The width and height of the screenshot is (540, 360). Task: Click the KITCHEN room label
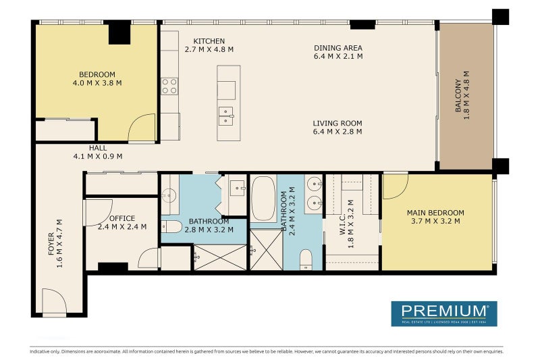[209, 41]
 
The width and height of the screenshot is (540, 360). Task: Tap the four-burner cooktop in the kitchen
[169, 86]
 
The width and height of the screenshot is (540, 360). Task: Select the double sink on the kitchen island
[225, 116]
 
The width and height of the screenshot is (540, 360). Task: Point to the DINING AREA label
[338, 48]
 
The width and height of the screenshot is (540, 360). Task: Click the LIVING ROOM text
[337, 124]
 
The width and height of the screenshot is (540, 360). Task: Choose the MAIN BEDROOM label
[435, 213]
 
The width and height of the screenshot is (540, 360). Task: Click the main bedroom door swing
[394, 186]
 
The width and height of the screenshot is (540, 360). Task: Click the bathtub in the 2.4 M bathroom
[263, 199]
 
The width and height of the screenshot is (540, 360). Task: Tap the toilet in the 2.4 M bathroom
[306, 259]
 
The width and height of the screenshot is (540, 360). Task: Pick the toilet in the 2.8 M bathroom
[171, 227]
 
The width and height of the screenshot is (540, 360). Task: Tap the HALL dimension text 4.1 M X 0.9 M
[98, 156]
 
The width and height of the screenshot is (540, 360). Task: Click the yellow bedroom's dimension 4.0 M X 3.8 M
[97, 84]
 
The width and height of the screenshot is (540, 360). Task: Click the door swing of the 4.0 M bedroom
[142, 129]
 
